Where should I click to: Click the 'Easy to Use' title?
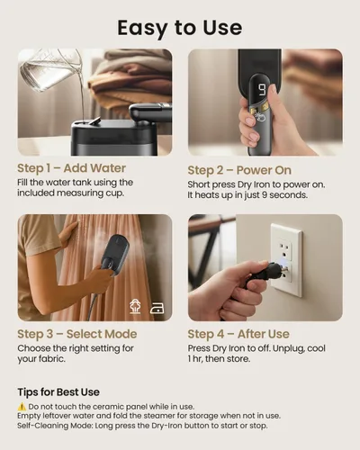tap(180, 28)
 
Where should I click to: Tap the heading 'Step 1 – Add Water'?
tap(71, 168)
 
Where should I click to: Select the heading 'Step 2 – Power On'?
tap(239, 170)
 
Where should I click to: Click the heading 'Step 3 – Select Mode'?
tap(77, 334)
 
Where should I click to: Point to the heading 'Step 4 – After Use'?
tap(238, 334)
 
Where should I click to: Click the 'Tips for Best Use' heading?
tap(58, 392)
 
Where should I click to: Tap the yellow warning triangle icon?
tap(22, 407)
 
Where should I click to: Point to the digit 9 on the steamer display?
tap(262, 90)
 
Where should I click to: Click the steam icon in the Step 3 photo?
tap(135, 307)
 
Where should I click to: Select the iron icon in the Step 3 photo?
tap(157, 308)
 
